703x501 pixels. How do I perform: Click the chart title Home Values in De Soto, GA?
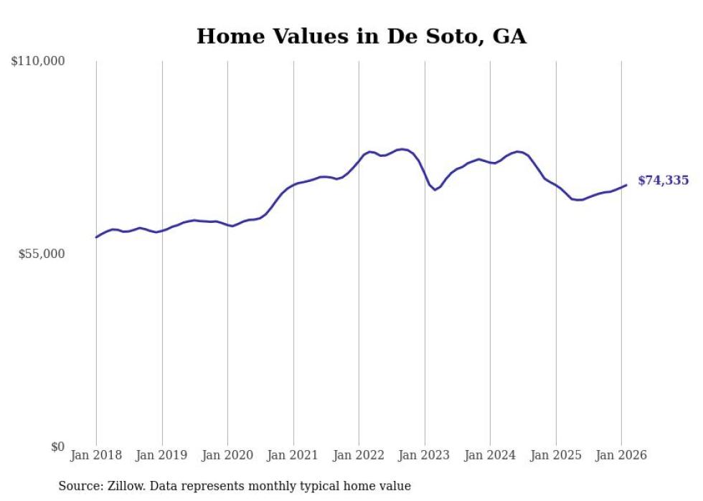coord(362,36)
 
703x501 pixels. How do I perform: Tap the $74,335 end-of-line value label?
coord(663,181)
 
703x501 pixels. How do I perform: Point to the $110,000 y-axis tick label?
coord(38,62)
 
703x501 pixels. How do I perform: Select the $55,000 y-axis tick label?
coord(41,254)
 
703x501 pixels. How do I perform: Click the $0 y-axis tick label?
coord(58,447)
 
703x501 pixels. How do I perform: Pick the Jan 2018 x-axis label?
coord(96,455)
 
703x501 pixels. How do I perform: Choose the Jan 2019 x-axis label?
coord(162,455)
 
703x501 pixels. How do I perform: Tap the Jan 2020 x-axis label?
coord(227,455)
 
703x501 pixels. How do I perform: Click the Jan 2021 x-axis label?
coord(293,455)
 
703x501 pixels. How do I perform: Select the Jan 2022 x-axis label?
coord(359,455)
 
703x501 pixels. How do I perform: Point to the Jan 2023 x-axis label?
coord(425,455)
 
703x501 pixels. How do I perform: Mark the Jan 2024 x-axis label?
coord(490,455)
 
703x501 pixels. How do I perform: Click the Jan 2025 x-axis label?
coord(556,455)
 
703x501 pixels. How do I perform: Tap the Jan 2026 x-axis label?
coord(621,455)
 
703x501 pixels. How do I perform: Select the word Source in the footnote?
coord(78,486)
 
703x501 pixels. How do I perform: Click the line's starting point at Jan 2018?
coord(96,237)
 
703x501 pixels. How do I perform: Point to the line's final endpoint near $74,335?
coord(626,185)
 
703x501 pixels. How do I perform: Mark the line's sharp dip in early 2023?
coord(435,189)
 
